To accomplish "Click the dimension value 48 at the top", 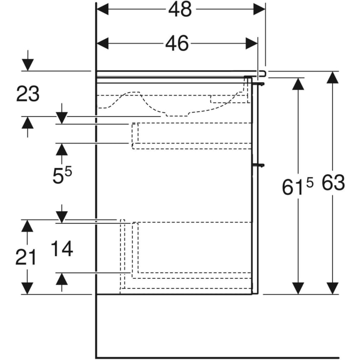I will click(x=180, y=9).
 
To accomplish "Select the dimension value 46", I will click(x=177, y=44).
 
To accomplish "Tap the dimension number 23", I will click(x=28, y=94).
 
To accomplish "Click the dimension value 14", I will click(x=62, y=249).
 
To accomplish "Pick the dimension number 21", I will click(x=26, y=257).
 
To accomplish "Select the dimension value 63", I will click(x=333, y=183).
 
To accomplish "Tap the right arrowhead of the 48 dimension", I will click(x=260, y=9).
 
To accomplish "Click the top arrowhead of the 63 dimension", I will click(x=333, y=77).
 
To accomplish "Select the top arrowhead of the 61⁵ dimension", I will click(x=297, y=84).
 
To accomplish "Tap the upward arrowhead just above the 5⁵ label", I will click(x=62, y=149).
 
